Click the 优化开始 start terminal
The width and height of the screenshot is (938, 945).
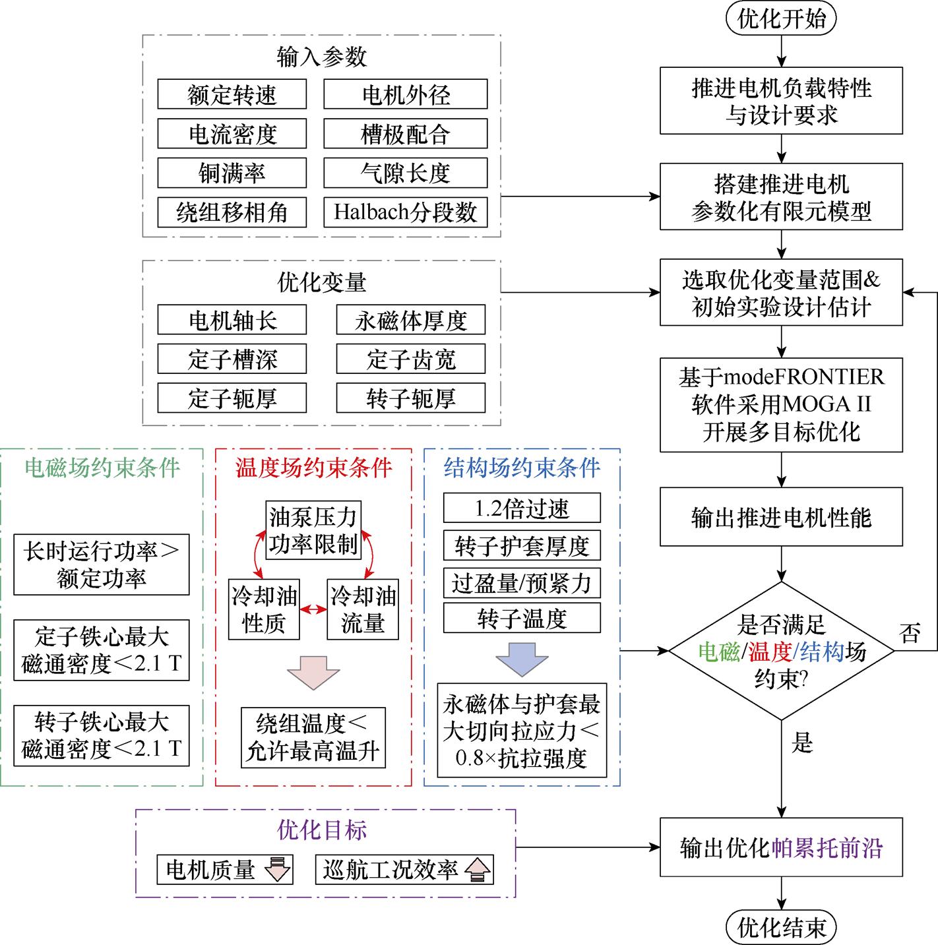[x=781, y=18]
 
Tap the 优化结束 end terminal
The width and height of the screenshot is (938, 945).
[x=781, y=927]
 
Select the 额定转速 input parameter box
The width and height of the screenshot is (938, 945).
[x=232, y=94]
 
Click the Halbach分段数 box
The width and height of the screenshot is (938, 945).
[x=405, y=212]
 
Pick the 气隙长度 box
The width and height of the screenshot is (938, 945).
[x=405, y=173]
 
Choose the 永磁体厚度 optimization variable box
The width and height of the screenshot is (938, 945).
[x=410, y=320]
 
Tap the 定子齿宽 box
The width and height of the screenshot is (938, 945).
[x=410, y=359]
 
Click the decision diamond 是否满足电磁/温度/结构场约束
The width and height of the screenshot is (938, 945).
[x=781, y=651]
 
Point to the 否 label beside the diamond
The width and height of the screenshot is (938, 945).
[x=910, y=634]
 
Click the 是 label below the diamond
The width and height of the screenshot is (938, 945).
[x=802, y=743]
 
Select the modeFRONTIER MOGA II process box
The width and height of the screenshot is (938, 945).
[x=781, y=404]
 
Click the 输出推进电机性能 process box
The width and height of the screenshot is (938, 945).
[x=781, y=518]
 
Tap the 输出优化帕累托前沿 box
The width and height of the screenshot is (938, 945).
[x=781, y=847]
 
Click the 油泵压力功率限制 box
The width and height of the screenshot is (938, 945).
[x=313, y=530]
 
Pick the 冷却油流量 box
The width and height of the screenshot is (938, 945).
[x=363, y=609]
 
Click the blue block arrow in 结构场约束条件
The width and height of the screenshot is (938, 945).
[x=522, y=657]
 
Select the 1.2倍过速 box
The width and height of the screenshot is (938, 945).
[x=522, y=508]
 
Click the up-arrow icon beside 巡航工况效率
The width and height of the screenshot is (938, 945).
[x=477, y=870]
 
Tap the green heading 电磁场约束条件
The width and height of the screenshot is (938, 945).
[x=102, y=468]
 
